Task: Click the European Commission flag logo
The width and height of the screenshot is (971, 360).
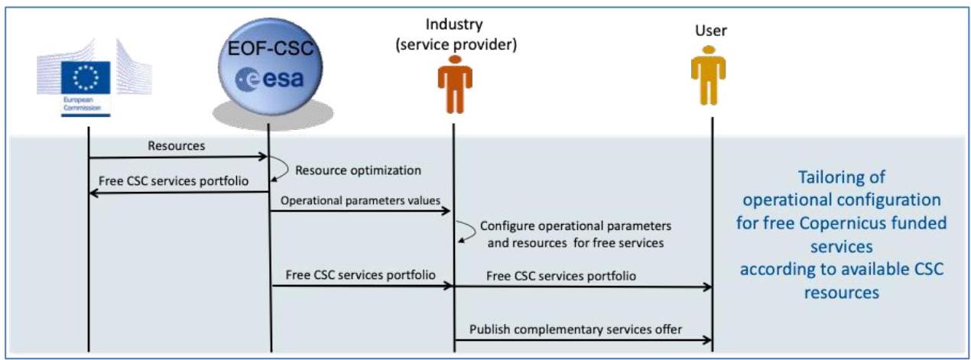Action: (86, 77)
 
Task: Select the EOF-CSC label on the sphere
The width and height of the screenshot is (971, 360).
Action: (271, 48)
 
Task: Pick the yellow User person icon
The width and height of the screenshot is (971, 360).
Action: (708, 76)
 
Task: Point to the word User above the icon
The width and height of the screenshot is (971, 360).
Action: (711, 31)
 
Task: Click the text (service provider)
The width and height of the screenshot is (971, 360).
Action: (456, 45)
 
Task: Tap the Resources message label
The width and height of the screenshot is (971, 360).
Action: (177, 146)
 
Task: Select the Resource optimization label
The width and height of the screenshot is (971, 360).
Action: (358, 170)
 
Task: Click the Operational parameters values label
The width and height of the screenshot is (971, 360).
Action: (360, 200)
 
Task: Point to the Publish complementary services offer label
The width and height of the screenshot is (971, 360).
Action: (576, 329)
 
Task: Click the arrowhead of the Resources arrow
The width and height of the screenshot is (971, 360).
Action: (263, 157)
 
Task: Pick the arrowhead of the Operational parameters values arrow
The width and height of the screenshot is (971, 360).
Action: (446, 211)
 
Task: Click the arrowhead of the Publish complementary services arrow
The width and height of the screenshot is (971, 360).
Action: (707, 340)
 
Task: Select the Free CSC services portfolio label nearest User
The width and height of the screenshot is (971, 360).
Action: (561, 276)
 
